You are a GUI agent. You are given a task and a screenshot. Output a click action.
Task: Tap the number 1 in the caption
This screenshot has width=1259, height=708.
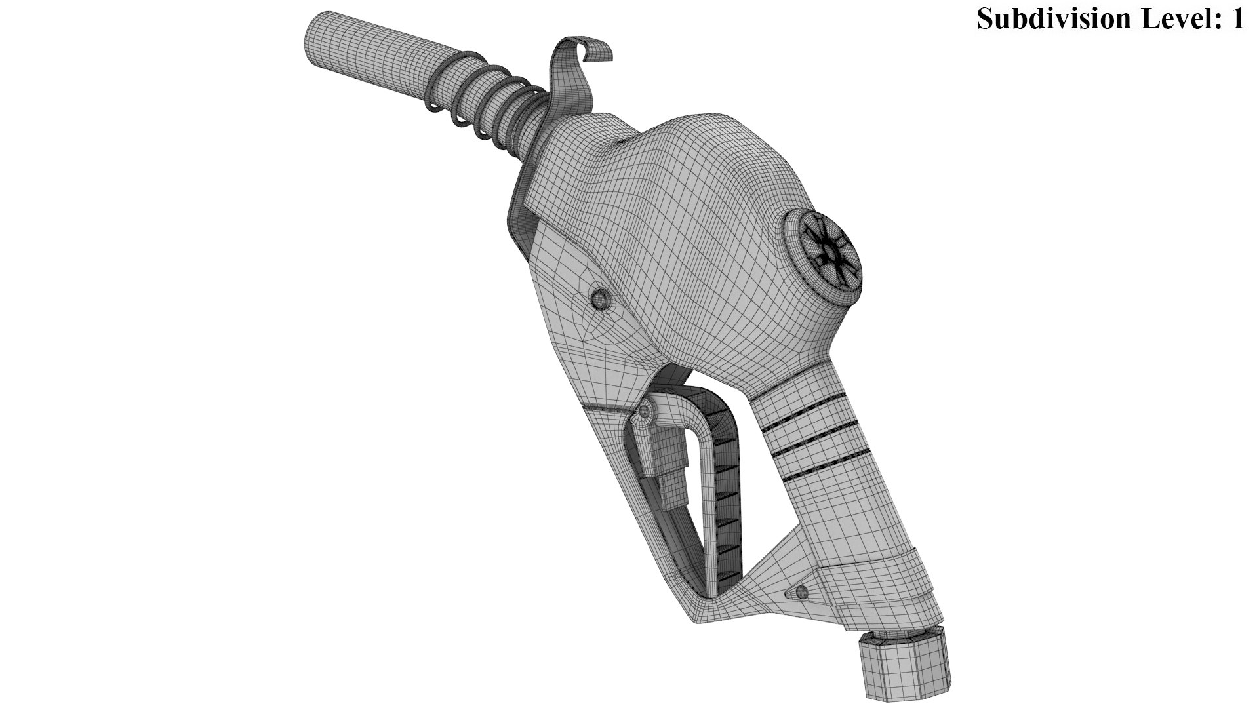pyautogui.click(x=1237, y=18)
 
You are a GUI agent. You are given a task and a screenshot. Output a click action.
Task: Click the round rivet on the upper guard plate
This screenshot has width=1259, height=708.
pyautogui.click(x=599, y=299)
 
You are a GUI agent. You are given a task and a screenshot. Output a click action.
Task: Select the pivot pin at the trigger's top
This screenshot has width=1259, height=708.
pyautogui.click(x=645, y=411)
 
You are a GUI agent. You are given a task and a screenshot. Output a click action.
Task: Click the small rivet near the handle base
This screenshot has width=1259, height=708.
pyautogui.click(x=799, y=593)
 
